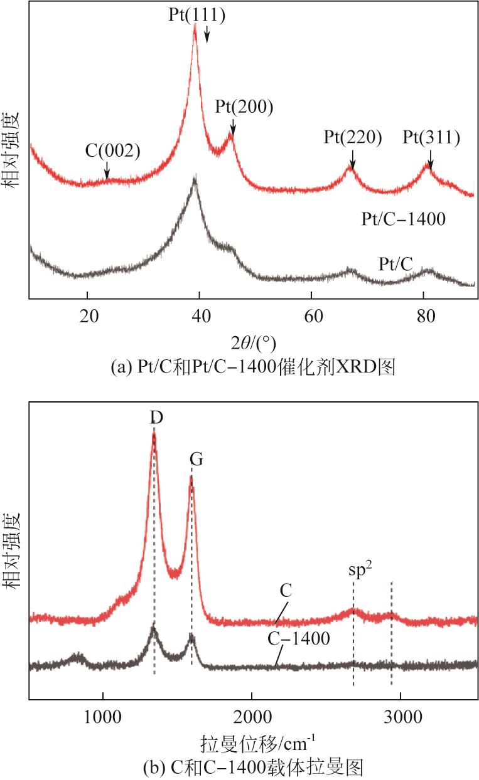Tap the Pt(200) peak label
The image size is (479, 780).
[x=244, y=106]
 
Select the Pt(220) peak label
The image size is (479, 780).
[x=352, y=137]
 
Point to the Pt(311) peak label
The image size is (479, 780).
[x=431, y=137]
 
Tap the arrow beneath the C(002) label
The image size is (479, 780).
[x=107, y=170]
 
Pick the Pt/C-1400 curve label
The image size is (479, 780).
[x=404, y=219]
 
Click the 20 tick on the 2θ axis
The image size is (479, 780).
[x=87, y=315]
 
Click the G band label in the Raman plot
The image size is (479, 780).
[x=196, y=459]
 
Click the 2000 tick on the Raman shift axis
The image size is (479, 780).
[x=251, y=714]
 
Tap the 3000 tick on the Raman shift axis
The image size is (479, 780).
[x=400, y=714]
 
